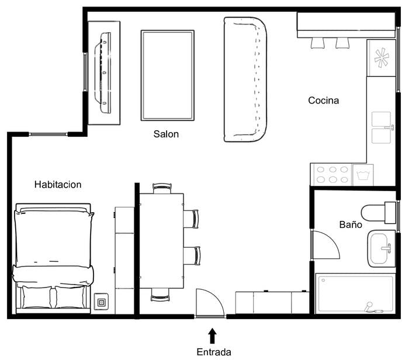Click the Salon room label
point(166,134)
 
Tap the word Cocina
point(323,101)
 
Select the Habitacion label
point(58,185)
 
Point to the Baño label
point(351,224)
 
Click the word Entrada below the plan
point(214,352)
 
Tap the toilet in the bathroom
point(379,213)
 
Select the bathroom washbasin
point(382,248)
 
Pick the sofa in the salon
point(245,79)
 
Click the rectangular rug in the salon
point(168,75)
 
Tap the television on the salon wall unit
point(103,72)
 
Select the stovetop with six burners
point(331,175)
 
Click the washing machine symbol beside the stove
point(363,175)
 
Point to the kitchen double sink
point(382,128)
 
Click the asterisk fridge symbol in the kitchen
point(381,57)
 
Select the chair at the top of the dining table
point(162,188)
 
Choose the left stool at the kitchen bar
point(317,43)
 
